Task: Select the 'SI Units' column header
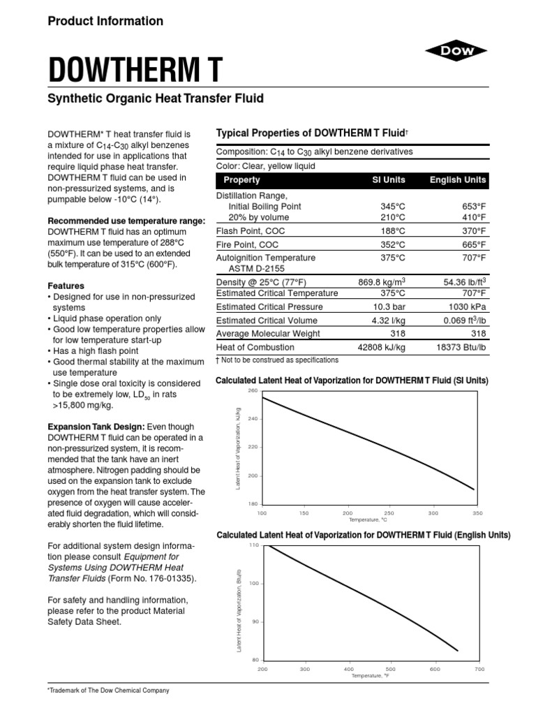tap(389, 180)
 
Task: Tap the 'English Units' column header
tap(457, 180)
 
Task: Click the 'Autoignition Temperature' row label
tap(266, 258)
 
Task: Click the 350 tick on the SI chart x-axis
tap(478, 513)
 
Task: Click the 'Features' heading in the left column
tap(66, 286)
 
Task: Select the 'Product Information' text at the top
tap(105, 21)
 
